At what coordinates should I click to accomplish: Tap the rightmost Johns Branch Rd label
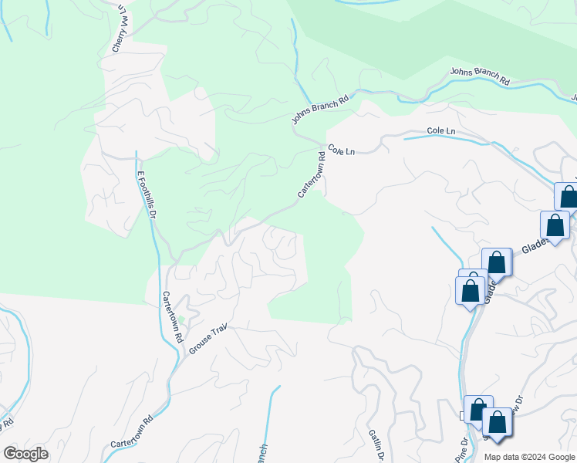tap(480, 76)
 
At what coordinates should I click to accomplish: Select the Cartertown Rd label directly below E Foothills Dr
tap(173, 316)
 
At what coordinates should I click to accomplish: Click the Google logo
tap(25, 454)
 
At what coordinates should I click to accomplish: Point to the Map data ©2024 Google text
tap(528, 457)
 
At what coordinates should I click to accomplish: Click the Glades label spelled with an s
tap(535, 245)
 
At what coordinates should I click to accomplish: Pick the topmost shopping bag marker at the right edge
tap(569, 197)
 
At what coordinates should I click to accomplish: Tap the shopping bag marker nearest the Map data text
tap(498, 423)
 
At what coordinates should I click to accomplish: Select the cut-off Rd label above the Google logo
tap(8, 423)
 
